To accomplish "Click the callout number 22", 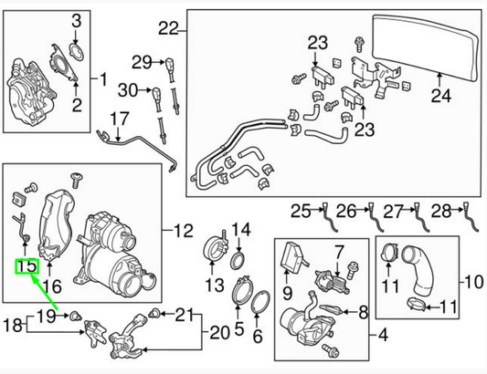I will coord(166,28).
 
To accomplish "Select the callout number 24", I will coord(441,94).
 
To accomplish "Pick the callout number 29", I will coord(140,62).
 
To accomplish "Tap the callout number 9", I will coord(288,294).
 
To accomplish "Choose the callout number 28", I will coord(439,211).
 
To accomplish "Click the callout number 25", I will coord(301,212).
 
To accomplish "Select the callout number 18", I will coord(13,326).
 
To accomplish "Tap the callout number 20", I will coord(219,330).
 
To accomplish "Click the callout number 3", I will coord(77,20).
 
